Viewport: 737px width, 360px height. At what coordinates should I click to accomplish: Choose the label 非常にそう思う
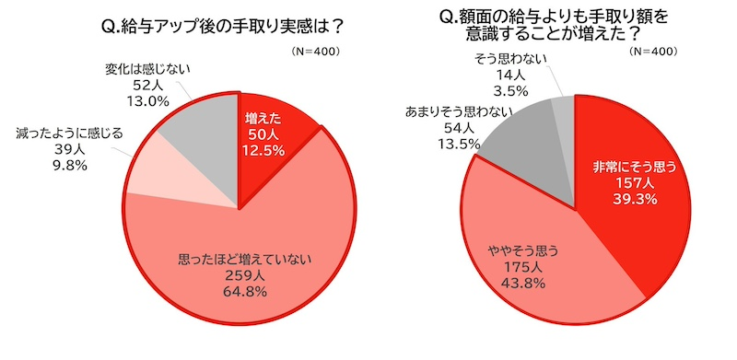(633, 167)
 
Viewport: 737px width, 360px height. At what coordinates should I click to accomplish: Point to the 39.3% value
(633, 201)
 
